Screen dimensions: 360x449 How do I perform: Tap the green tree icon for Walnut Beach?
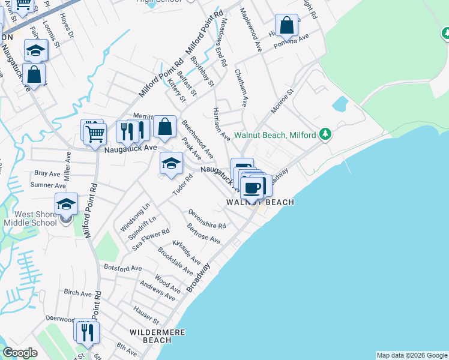[325, 134]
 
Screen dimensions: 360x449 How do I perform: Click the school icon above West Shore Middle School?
[66, 203]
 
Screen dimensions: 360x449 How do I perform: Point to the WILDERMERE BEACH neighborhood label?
[157, 336]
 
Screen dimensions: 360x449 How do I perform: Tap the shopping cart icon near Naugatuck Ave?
[95, 133]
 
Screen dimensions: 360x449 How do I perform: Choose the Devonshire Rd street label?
[206, 219]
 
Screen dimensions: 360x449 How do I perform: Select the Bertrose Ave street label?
[203, 234]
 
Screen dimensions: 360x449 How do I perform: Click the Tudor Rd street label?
[182, 184]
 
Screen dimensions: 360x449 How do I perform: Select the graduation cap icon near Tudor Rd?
[171, 163]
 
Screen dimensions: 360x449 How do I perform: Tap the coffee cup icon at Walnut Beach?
[253, 187]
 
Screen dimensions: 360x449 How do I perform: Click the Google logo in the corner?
[20, 353]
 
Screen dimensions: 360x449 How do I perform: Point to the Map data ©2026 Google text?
[412, 355]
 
